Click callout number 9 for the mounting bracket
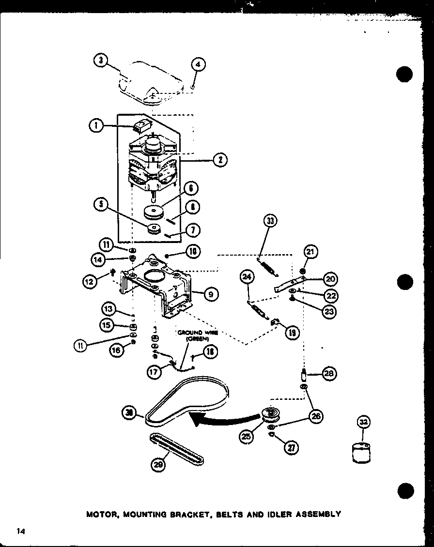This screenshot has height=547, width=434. tap(212, 293)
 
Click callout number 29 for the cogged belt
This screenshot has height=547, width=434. tap(158, 465)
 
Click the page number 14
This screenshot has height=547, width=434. tap(20, 531)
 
